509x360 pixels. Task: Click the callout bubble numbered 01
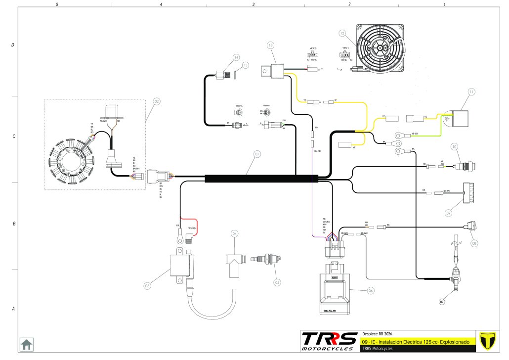pyautogui.click(x=257, y=154)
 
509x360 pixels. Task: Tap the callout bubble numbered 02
pyautogui.click(x=157, y=102)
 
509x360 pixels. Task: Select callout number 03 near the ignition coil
pyautogui.click(x=147, y=286)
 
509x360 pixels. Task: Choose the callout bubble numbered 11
pyautogui.click(x=471, y=92)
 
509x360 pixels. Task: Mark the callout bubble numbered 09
pyautogui.click(x=448, y=213)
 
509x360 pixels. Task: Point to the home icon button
pyautogui.click(x=26, y=344)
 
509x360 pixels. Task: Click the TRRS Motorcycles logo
pyautogui.click(x=330, y=341)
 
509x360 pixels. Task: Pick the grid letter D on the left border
pyautogui.click(x=12, y=45)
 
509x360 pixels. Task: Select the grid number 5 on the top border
pyautogui.click(x=58, y=4)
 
